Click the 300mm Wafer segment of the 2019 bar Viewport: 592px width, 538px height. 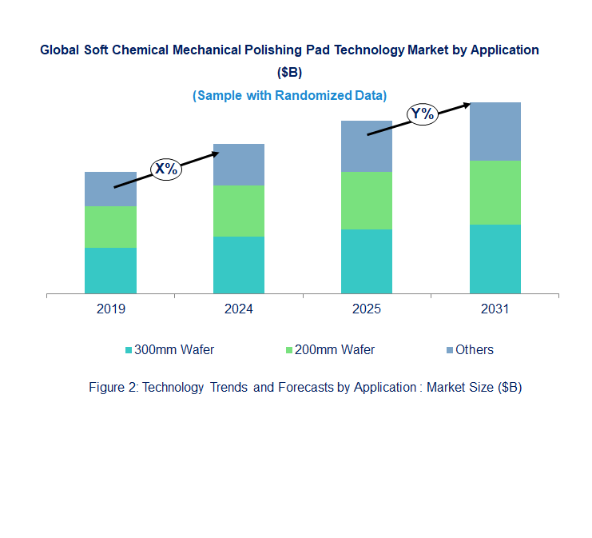pyautogui.click(x=110, y=270)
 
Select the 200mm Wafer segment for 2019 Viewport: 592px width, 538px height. pyautogui.click(x=110, y=227)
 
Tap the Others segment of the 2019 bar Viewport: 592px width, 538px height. pyautogui.click(x=110, y=189)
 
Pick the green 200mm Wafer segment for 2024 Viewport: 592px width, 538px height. pyautogui.click(x=239, y=211)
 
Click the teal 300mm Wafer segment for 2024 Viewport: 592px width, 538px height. pyautogui.click(x=239, y=265)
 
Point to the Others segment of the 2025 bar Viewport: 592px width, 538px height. pyautogui.click(x=367, y=146)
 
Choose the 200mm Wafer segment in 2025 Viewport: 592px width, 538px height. pyautogui.click(x=367, y=201)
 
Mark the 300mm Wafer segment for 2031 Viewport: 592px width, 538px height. pyautogui.click(x=495, y=259)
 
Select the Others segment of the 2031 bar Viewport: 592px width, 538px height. pyautogui.click(x=495, y=131)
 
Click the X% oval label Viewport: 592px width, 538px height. pyautogui.click(x=166, y=169)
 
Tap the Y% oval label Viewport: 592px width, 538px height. pyautogui.click(x=423, y=114)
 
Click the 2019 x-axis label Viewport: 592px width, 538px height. pyautogui.click(x=110, y=309)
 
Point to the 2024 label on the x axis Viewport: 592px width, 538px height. pyautogui.click(x=239, y=309)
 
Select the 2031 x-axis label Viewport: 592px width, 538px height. pyautogui.click(x=495, y=309)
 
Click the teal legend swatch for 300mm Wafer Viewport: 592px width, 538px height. pyautogui.click(x=129, y=350)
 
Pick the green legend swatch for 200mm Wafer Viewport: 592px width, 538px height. pyautogui.click(x=289, y=350)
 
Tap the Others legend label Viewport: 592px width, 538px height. pyautogui.click(x=475, y=350)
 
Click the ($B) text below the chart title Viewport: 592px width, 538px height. pyautogui.click(x=289, y=72)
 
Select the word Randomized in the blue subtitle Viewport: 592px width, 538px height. pyautogui.click(x=313, y=96)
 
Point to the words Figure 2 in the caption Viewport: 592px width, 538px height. pyautogui.click(x=113, y=387)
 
